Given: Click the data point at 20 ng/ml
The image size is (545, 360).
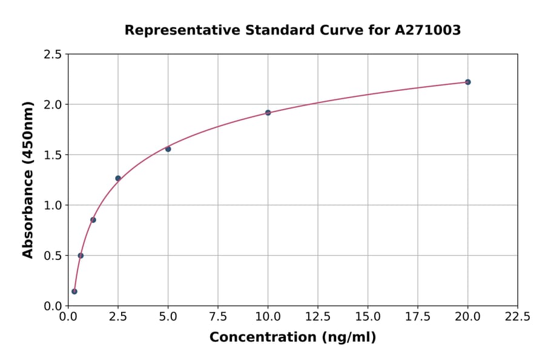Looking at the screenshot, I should [x=467, y=82].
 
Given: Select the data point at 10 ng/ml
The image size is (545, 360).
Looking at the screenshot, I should [x=268, y=113].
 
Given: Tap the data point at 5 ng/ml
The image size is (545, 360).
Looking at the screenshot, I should [x=168, y=149].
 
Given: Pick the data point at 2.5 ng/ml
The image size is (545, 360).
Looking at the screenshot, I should [x=118, y=178].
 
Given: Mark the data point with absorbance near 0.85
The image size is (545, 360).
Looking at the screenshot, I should [x=93, y=220].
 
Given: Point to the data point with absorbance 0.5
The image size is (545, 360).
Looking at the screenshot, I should [x=81, y=256].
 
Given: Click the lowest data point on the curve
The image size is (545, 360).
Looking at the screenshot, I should [x=74, y=292].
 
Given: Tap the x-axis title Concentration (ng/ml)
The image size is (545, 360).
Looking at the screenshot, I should [x=292, y=338].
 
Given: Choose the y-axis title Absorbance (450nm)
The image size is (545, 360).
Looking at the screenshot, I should [x=28, y=179].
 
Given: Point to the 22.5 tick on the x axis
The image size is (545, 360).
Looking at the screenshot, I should [x=517, y=317].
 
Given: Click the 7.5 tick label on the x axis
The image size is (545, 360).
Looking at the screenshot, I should [x=218, y=317].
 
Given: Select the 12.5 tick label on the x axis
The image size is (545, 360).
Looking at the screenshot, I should [x=318, y=317].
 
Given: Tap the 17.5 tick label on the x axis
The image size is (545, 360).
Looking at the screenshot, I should [x=418, y=317].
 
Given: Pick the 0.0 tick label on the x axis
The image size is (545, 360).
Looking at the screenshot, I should [x=68, y=317].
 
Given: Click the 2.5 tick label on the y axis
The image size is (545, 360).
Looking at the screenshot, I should [x=53, y=55].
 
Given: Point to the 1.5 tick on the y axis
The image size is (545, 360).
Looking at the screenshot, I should [x=53, y=155].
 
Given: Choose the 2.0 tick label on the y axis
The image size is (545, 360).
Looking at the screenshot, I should [x=53, y=105].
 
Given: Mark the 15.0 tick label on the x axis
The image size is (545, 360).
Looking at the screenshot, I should [x=368, y=317].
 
